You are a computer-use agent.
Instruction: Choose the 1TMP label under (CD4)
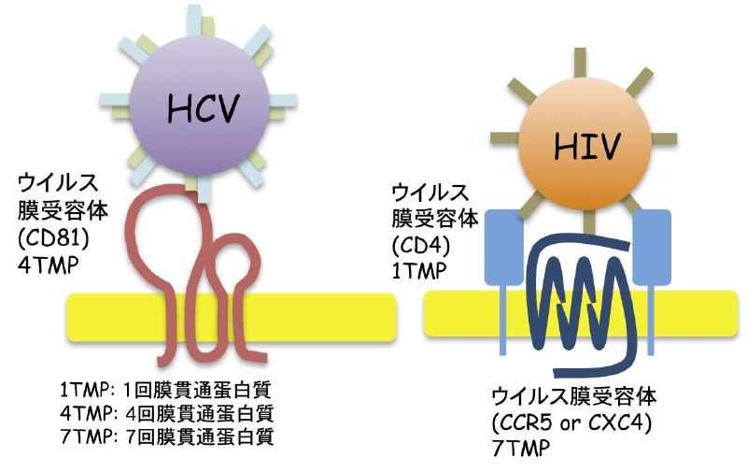[x=416, y=270]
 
